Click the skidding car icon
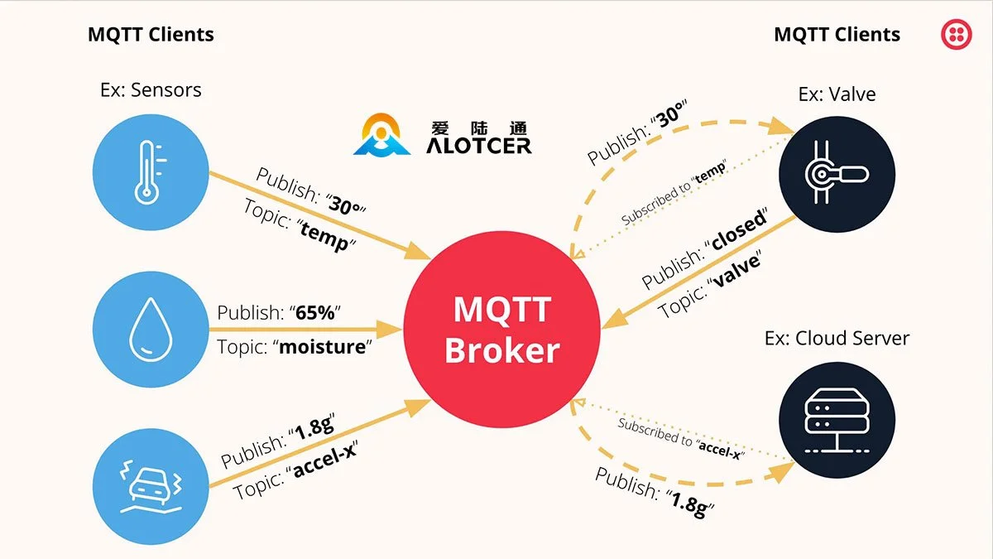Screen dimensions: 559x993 click(x=148, y=483)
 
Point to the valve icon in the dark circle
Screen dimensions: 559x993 click(x=837, y=172)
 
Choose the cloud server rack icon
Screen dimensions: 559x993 click(x=837, y=420)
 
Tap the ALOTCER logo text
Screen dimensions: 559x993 click(x=479, y=145)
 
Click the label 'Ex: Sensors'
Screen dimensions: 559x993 click(x=151, y=89)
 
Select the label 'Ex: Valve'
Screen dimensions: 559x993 click(x=837, y=94)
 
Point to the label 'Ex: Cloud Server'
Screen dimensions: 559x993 click(x=837, y=338)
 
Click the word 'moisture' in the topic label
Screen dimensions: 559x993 click(x=322, y=346)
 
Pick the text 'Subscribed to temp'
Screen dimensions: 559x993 click(x=674, y=192)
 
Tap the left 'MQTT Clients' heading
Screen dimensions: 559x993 click(x=151, y=35)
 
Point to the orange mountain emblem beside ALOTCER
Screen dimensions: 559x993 click(x=382, y=137)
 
